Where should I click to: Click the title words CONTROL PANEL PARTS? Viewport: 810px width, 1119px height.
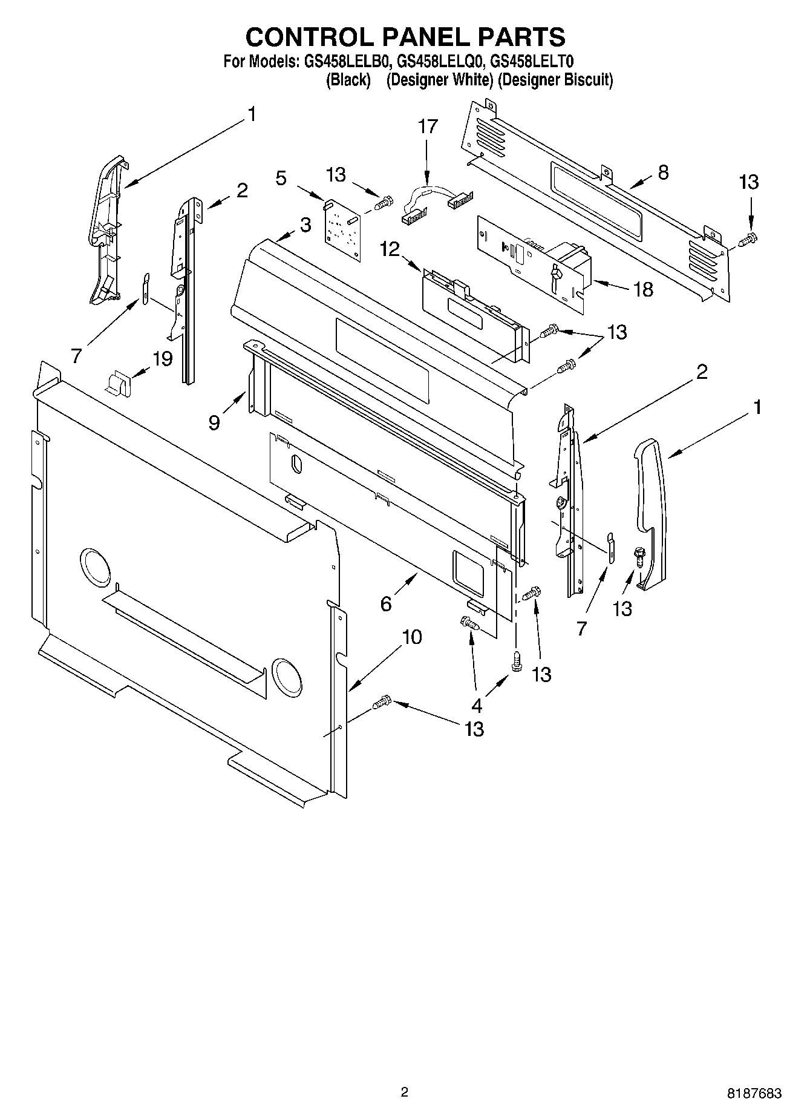pyautogui.click(x=405, y=38)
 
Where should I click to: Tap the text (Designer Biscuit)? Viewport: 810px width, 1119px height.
pyautogui.click(x=555, y=80)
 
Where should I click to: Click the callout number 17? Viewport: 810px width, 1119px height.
pyautogui.click(x=427, y=126)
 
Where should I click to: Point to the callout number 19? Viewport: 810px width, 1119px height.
pyautogui.click(x=162, y=358)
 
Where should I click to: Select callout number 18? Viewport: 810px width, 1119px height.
pyautogui.click(x=644, y=289)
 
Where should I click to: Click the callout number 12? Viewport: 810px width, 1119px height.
pyautogui.click(x=391, y=249)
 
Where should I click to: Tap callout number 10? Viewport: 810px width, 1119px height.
pyautogui.click(x=411, y=637)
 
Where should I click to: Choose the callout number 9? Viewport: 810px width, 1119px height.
pyautogui.click(x=214, y=422)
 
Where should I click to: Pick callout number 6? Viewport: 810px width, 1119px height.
pyautogui.click(x=386, y=603)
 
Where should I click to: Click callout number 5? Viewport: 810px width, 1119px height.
pyautogui.click(x=281, y=178)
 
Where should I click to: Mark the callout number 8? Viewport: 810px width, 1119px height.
pyautogui.click(x=663, y=172)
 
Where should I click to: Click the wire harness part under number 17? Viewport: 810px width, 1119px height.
pyautogui.click(x=436, y=202)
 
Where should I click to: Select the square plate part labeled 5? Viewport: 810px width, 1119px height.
pyautogui.click(x=342, y=230)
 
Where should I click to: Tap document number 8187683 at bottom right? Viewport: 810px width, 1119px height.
pyautogui.click(x=754, y=1094)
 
